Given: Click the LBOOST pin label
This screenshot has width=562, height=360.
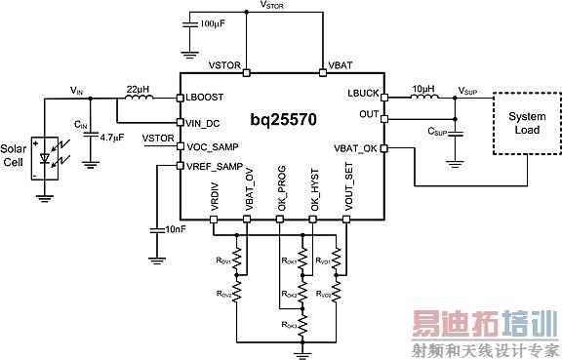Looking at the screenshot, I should (206, 98).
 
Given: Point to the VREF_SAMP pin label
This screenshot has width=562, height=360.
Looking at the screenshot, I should (214, 166).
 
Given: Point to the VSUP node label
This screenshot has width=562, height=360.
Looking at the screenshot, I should (469, 88).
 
